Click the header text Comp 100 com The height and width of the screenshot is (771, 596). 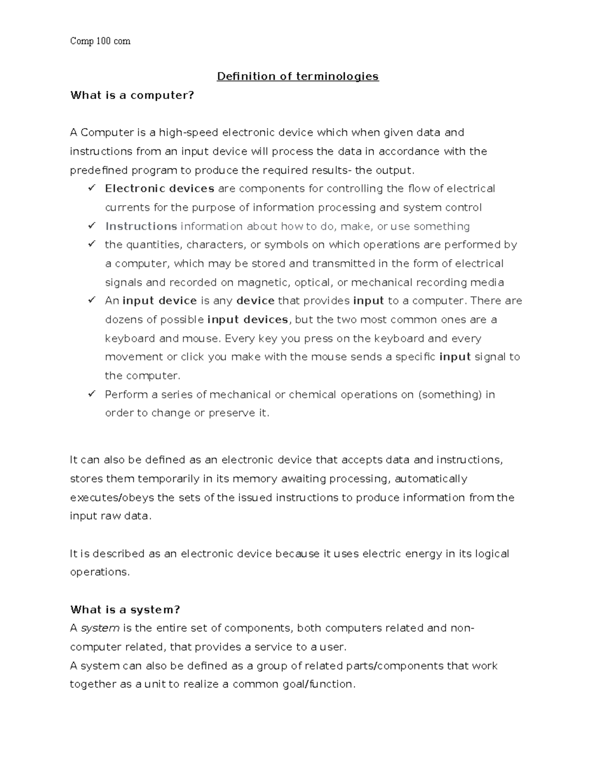(100, 41)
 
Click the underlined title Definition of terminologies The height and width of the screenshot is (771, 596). (298, 76)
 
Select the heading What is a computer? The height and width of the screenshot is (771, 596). (132, 95)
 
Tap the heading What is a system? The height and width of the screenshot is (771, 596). (125, 610)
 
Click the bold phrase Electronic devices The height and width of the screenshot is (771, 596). (159, 189)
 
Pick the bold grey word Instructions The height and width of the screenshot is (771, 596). (141, 226)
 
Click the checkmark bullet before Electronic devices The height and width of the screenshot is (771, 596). (91, 188)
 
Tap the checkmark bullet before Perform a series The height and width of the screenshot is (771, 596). (91, 394)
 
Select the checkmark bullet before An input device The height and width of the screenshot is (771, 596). (91, 300)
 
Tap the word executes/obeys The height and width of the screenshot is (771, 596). (112, 498)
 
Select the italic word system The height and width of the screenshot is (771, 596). (100, 629)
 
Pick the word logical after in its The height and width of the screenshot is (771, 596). (491, 554)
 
